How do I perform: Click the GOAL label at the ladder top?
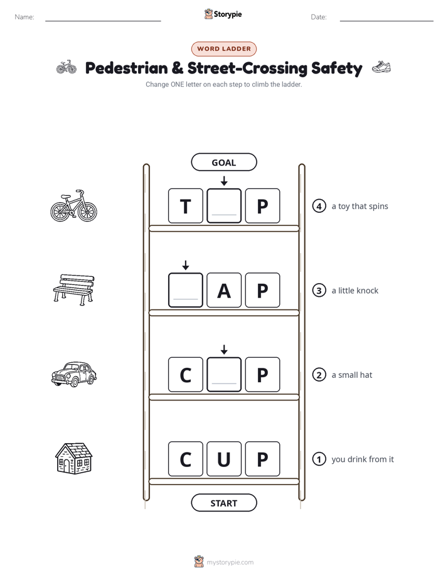223,162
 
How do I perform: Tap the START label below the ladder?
223,503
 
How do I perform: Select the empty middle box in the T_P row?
224,206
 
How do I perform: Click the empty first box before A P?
186,290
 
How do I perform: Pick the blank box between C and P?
224,374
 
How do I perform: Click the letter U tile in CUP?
224,459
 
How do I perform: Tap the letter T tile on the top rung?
186,206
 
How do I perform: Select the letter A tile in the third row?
224,290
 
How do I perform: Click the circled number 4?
319,206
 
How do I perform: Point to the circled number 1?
319,459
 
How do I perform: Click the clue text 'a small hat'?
351,375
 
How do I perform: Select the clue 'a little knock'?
355,291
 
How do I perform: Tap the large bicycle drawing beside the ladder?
74,206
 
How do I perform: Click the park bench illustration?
74,289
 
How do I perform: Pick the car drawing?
74,374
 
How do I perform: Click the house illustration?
74,458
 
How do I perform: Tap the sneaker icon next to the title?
381,67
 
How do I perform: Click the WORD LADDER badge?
224,49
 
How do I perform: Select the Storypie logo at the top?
223,14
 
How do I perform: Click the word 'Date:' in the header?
319,17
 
